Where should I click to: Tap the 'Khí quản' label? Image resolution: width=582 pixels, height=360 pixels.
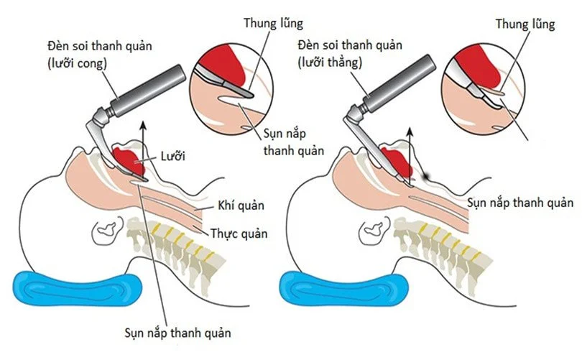point(241,206)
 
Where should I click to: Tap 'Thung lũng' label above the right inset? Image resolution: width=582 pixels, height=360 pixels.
point(525,24)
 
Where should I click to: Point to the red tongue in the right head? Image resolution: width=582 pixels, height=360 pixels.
point(397,160)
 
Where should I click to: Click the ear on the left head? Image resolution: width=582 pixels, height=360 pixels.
point(108,230)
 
